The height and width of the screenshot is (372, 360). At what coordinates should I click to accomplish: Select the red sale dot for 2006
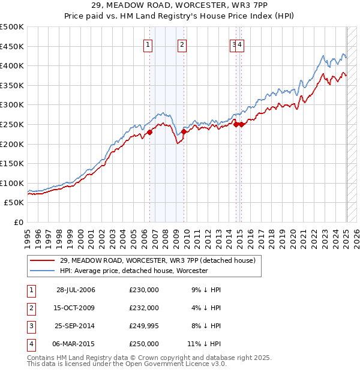click(150, 133)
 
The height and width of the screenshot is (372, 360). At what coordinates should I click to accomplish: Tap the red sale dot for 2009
click(184, 132)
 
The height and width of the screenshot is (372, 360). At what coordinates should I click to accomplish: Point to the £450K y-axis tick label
click(13, 46)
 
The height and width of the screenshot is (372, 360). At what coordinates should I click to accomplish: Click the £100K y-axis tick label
click(13, 183)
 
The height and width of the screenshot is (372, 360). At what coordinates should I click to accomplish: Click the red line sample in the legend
click(43, 260)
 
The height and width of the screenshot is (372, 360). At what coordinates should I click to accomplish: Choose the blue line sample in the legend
click(43, 271)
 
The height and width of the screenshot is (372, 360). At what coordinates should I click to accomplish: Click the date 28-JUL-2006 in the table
click(76, 290)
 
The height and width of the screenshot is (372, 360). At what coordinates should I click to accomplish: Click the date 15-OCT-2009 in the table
click(76, 308)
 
